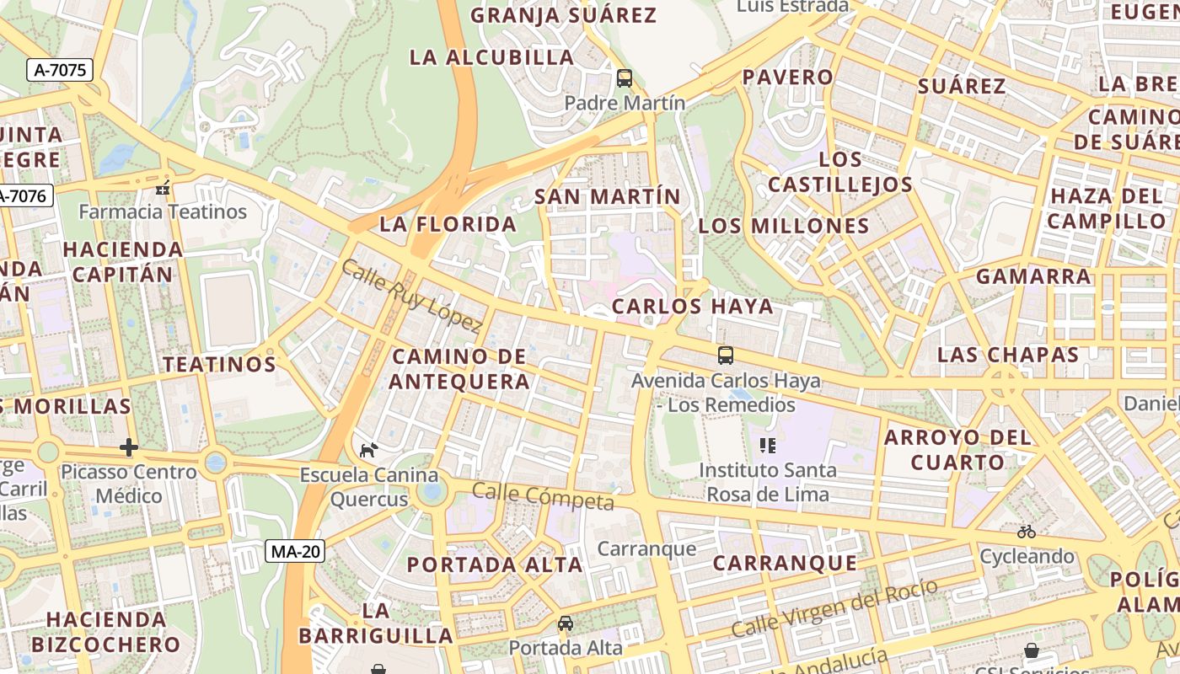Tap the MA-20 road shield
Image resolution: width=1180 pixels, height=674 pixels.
pyautogui.click(x=295, y=551)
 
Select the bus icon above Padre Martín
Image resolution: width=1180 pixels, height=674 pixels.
pyautogui.click(x=625, y=78)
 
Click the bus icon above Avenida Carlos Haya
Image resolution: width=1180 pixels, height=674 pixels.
pyautogui.click(x=726, y=356)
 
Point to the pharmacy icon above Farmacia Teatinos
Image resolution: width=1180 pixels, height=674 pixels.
pyautogui.click(x=163, y=187)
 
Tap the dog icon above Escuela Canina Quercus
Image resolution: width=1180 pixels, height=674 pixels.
pyautogui.click(x=368, y=450)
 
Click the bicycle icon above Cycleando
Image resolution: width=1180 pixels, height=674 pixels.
pyautogui.click(x=1026, y=532)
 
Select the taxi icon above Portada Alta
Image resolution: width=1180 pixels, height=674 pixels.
pyautogui.click(x=566, y=623)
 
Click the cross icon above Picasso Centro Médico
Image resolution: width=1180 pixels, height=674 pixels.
pyautogui.click(x=128, y=447)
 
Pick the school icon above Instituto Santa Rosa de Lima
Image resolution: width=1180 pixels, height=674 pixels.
pyautogui.click(x=767, y=445)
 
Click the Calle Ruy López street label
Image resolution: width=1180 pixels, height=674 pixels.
pyautogui.click(x=411, y=296)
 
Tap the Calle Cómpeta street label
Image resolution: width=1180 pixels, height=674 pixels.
pyautogui.click(x=542, y=496)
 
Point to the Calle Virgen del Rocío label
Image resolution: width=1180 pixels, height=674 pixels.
pyautogui.click(x=834, y=608)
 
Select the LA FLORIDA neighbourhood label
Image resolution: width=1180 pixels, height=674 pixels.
pyautogui.click(x=448, y=224)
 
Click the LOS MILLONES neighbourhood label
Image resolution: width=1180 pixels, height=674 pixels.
pyautogui.click(x=783, y=226)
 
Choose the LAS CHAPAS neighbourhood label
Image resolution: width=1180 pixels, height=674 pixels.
pyautogui.click(x=1008, y=355)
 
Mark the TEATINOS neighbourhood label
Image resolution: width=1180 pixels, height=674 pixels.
pyautogui.click(x=219, y=364)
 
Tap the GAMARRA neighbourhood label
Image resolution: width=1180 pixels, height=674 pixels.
pyautogui.click(x=1032, y=276)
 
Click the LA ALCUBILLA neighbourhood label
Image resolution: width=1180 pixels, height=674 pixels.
pyautogui.click(x=491, y=57)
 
